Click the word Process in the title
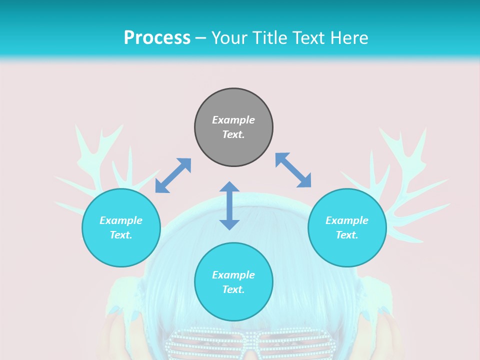[157, 38]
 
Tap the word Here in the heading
[348, 38]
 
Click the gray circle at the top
[233, 127]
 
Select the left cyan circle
[121, 227]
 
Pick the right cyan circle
[347, 227]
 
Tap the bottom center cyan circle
[233, 282]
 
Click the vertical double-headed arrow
[229, 205]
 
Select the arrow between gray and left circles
[173, 175]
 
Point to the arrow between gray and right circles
[293, 170]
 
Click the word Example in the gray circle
[233, 120]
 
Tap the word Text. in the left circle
[121, 235]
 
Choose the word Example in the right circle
[347, 220]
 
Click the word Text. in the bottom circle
[233, 289]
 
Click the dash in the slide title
[200, 38]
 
